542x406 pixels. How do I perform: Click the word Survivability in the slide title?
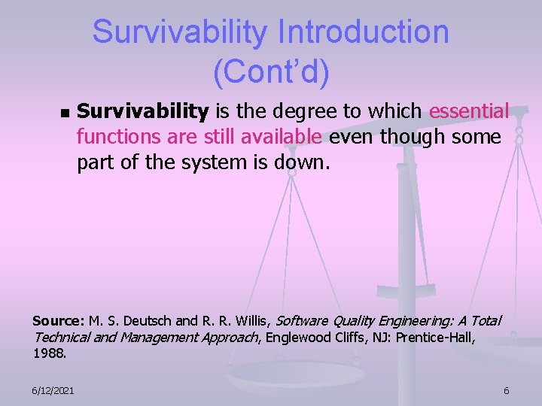click(x=179, y=32)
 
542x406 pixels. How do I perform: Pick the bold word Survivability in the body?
click(x=143, y=112)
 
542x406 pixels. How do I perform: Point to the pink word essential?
click(x=468, y=112)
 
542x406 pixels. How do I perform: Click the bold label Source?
click(x=59, y=321)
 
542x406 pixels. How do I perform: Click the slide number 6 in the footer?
click(x=506, y=389)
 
